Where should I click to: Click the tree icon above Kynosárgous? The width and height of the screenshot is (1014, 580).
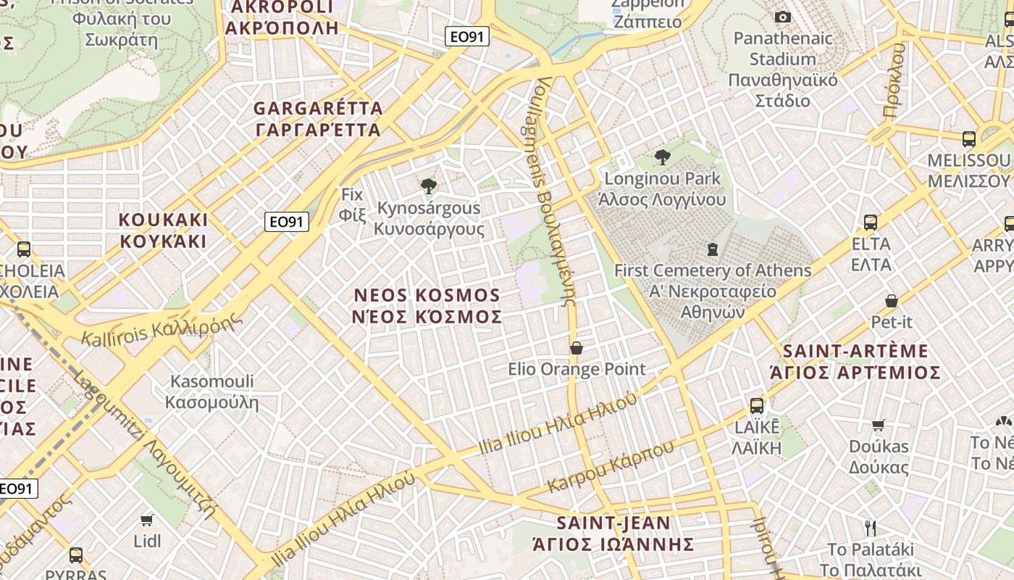(429, 186)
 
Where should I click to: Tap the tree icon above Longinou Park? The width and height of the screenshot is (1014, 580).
(662, 157)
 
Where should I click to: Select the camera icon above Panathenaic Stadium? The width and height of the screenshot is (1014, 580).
(783, 17)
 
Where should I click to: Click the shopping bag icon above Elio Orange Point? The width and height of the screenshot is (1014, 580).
(577, 348)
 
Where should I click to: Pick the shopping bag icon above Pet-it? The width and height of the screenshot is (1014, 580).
(892, 300)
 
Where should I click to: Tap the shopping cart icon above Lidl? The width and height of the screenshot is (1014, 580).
(147, 519)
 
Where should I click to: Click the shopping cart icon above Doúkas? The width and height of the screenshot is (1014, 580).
(879, 425)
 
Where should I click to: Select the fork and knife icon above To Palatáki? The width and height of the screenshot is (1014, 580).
(871, 528)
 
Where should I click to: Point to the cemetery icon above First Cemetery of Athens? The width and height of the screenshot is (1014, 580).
(713, 249)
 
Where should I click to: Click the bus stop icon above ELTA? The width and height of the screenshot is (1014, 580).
(871, 222)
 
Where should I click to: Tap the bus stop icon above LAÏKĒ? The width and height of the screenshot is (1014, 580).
(757, 405)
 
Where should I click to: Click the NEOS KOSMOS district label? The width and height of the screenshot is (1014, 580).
(427, 306)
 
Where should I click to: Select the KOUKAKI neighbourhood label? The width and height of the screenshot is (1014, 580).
(163, 230)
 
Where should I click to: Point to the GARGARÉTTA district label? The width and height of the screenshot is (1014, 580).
(318, 119)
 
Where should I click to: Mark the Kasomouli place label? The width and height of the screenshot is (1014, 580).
(211, 391)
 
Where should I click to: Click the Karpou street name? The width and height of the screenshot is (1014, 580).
(611, 466)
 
